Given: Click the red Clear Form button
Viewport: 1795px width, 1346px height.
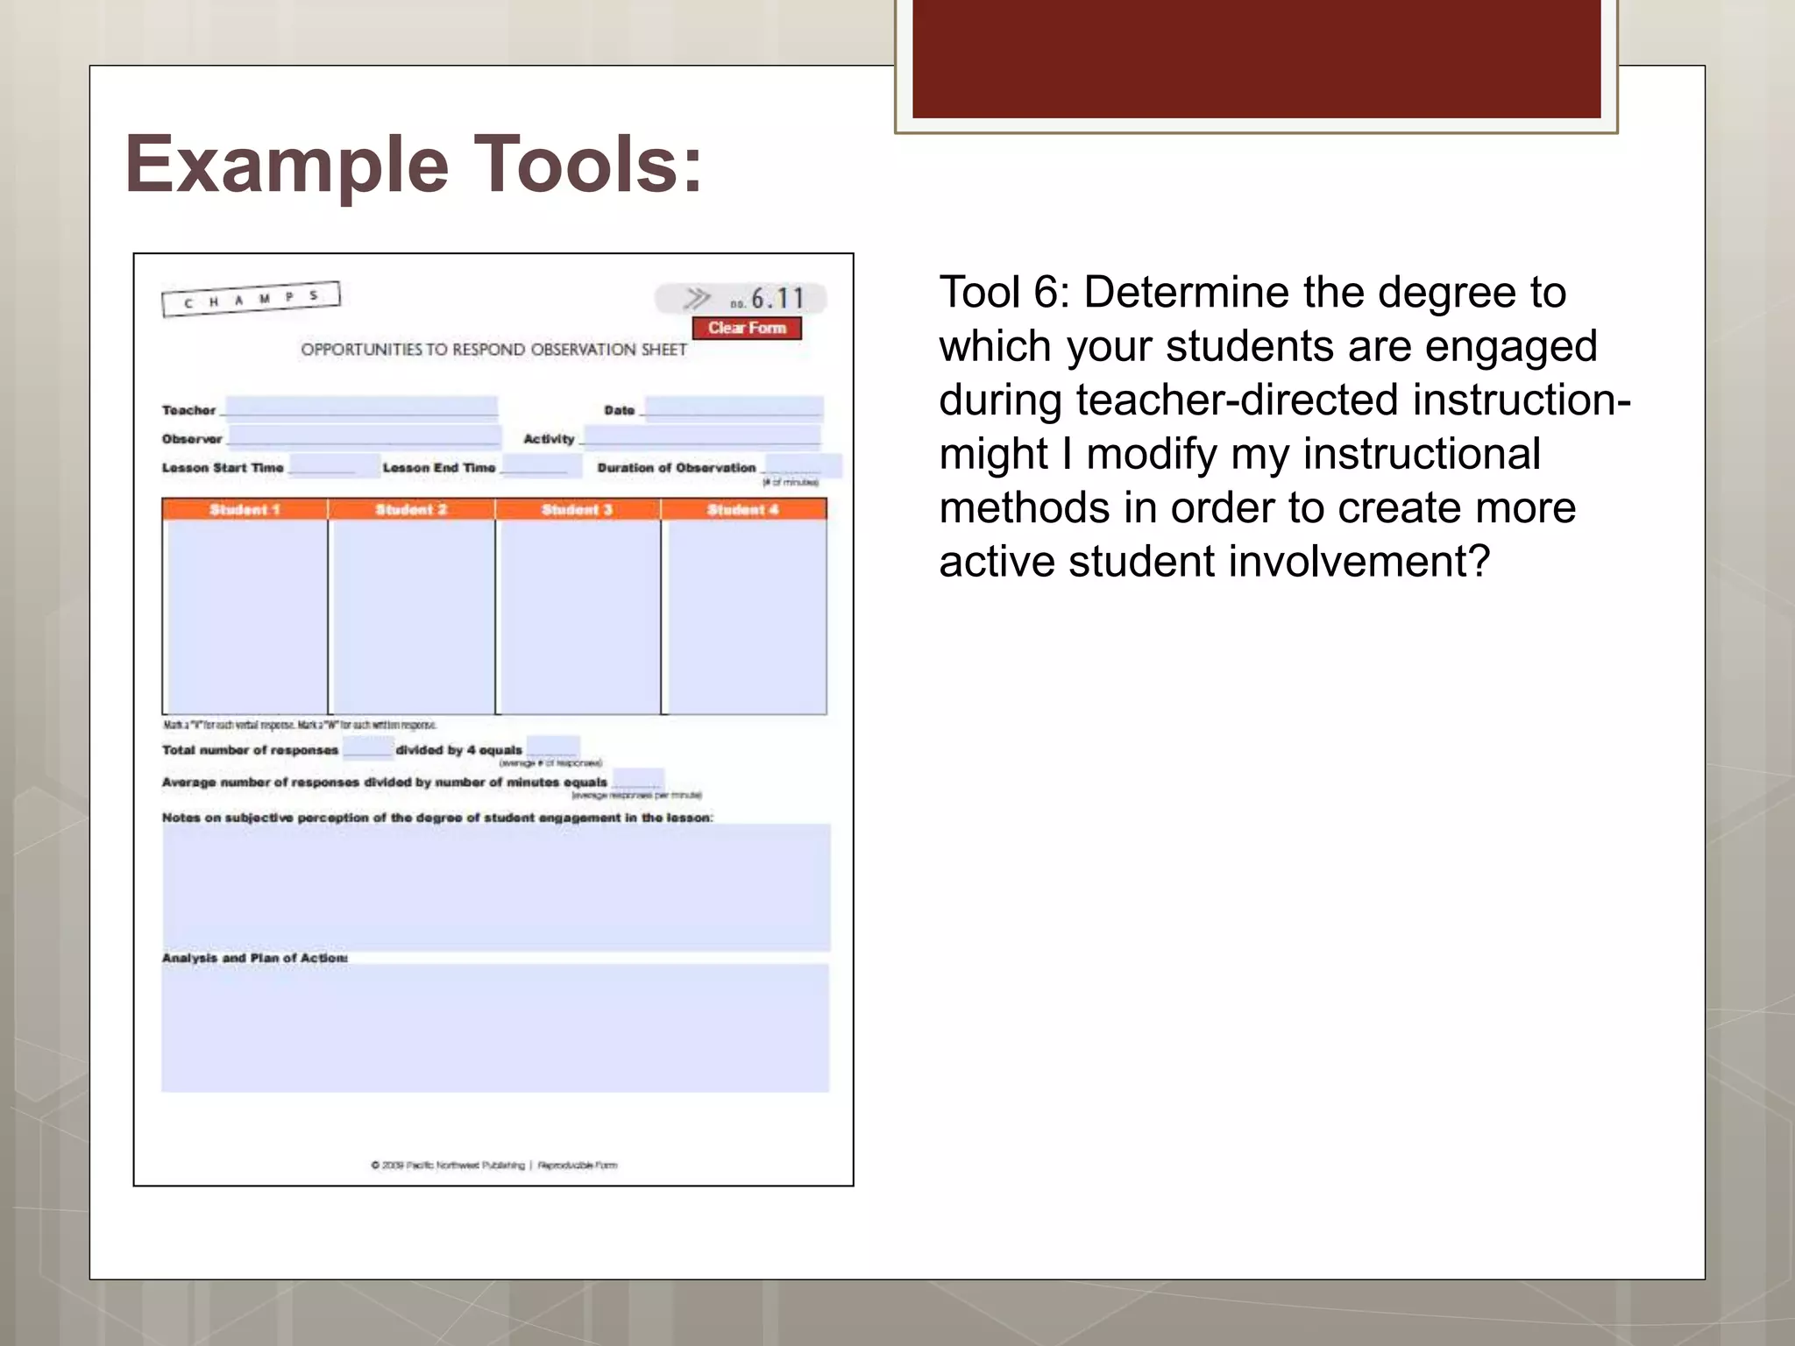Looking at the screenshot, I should coord(747,328).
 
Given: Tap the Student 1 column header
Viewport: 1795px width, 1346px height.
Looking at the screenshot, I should coord(245,509).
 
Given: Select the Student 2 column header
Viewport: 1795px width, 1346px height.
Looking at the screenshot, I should coord(411,509).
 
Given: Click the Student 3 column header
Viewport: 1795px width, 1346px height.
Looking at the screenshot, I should coord(577,509).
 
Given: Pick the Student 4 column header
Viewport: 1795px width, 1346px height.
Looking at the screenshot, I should coord(743,509).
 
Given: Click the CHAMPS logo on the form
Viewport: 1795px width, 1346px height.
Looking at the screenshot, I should coord(251,299).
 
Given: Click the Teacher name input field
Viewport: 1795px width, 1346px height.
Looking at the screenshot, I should coord(361,407).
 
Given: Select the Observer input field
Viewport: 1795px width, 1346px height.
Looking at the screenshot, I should coord(364,436).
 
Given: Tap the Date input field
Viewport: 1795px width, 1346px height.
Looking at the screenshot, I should coord(734,407).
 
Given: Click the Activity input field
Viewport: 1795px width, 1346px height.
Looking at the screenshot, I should coord(702,436).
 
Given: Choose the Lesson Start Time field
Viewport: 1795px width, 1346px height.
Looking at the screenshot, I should coord(323,465).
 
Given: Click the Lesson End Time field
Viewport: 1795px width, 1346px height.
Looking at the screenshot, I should coord(539,465).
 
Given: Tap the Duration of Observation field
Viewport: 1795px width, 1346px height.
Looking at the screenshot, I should coord(802,465).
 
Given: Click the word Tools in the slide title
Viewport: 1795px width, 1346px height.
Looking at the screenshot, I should coord(592,165).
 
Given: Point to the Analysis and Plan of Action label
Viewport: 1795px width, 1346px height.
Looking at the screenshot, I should coord(255,958).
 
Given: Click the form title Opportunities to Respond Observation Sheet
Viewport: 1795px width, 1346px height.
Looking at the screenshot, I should coord(493,350).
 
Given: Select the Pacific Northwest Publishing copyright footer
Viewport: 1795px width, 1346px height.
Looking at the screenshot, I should coord(493,1165).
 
